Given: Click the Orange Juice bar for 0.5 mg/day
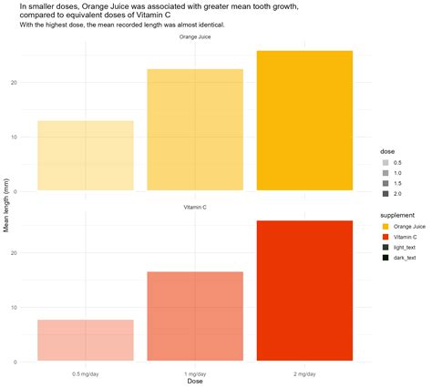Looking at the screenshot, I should tap(86, 155).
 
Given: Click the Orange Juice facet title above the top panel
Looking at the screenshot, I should tap(195, 37).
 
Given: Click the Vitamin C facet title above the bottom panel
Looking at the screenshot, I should tap(195, 209).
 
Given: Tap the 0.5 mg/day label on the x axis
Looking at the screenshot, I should tap(86, 373).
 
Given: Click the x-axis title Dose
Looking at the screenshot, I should tap(195, 382).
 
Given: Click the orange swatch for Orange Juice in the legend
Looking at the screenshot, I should tap(386, 226).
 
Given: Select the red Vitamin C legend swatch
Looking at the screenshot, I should tap(386, 237).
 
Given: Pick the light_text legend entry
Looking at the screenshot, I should tap(409, 248).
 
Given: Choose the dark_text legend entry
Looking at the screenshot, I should tap(409, 259).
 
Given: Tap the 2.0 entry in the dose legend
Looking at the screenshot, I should tap(397, 194).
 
